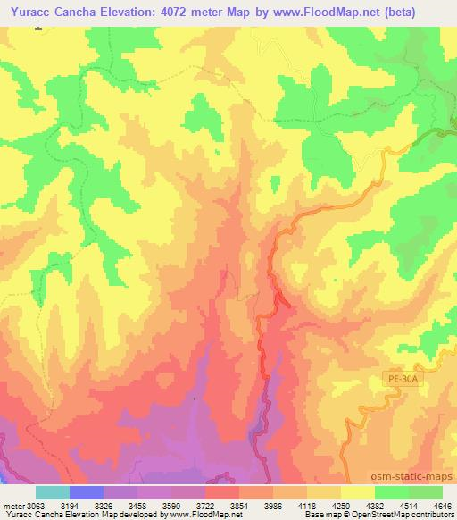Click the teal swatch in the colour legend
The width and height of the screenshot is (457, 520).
tap(53, 493)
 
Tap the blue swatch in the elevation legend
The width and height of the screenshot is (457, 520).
tap(87, 493)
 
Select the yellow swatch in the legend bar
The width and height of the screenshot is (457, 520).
tap(356, 493)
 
